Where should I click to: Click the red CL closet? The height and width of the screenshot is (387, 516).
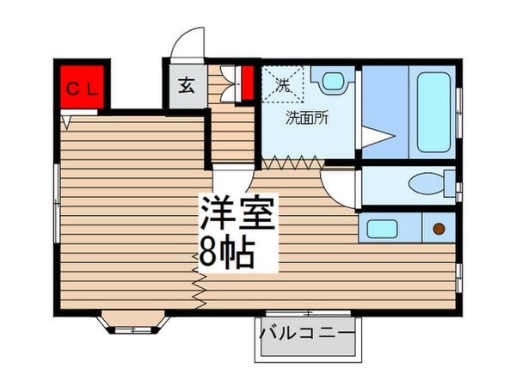pyautogui.click(x=82, y=87)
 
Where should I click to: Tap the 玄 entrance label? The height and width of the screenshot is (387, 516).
pyautogui.click(x=186, y=85)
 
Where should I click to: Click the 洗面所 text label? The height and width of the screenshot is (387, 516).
pyautogui.click(x=307, y=119)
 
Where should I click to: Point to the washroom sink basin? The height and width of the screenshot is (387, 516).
pyautogui.click(x=332, y=83)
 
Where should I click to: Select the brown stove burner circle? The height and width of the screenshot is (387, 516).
pyautogui.click(x=439, y=229)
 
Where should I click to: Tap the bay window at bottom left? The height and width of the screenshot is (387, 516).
pyautogui.click(x=132, y=323)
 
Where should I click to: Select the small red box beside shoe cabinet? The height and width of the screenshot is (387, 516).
pyautogui.click(x=247, y=83)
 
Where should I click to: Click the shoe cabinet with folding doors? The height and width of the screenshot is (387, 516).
pyautogui.click(x=227, y=83)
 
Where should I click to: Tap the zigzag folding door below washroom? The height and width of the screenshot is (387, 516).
pyautogui.click(x=293, y=161)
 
